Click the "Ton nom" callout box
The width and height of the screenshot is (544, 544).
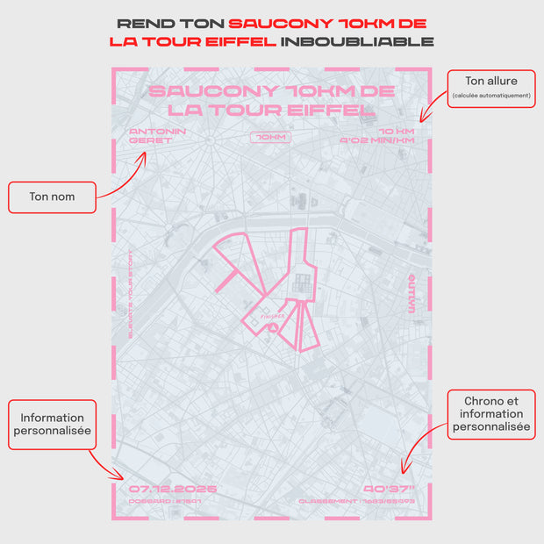52,197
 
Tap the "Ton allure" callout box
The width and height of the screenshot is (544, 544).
491,88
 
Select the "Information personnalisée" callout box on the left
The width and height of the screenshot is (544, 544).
53,425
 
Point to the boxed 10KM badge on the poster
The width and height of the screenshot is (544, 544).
268,137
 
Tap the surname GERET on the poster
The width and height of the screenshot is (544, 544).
150,140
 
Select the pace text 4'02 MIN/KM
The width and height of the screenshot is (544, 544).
376,140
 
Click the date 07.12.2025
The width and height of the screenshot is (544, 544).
172,489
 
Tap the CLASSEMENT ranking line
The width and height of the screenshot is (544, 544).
369,502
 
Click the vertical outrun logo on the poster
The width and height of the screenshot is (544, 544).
412,286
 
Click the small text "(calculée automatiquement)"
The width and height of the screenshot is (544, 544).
491,96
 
